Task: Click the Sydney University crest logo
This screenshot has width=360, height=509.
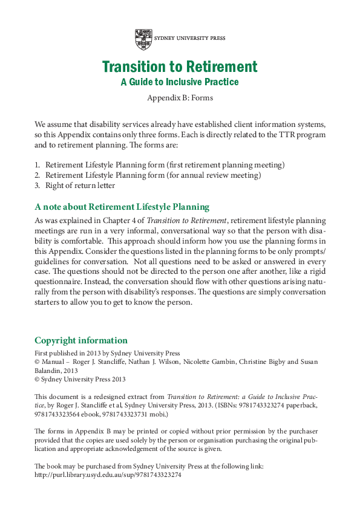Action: coord(143,39)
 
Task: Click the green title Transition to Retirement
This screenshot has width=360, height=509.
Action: coord(180,67)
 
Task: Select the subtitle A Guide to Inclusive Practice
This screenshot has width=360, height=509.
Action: coord(180,82)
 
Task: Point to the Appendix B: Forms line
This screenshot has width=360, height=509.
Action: coord(180,98)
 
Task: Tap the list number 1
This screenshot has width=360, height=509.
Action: coord(36,164)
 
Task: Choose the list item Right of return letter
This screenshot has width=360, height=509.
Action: coord(80,186)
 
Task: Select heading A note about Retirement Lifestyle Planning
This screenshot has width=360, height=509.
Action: coord(122,207)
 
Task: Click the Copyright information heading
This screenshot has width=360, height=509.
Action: coord(81,340)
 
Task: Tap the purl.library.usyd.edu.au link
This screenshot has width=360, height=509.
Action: coord(108,475)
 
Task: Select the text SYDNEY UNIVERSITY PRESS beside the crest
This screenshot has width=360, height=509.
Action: coord(189,38)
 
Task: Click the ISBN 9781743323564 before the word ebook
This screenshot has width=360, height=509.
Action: coord(59,415)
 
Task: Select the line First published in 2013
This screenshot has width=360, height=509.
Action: coord(107,353)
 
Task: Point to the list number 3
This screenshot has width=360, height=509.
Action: coord(36,186)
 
